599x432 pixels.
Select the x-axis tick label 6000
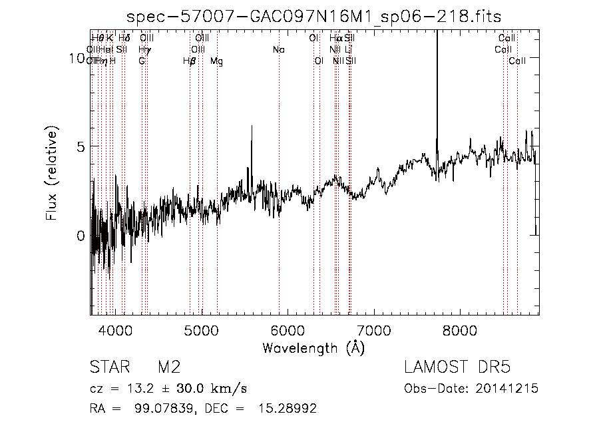coord(288,331)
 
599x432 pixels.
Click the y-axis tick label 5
coord(81,146)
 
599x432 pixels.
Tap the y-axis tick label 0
coord(81,236)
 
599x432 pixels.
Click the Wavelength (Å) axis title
coord(313,347)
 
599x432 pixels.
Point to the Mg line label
coord(216,61)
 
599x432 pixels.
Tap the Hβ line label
coord(189,61)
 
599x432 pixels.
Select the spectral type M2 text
coord(169,368)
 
